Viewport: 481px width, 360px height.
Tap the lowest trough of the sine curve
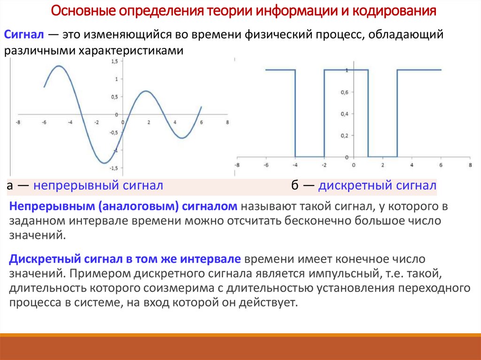tap(105, 163)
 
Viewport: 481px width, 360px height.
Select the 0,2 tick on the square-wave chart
tap(344, 136)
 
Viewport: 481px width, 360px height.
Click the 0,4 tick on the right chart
tap(344, 114)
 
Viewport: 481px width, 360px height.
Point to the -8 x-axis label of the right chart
tap(237, 165)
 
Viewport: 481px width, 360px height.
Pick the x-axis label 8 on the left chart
tap(227, 123)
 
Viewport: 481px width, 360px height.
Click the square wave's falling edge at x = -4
tap(295, 113)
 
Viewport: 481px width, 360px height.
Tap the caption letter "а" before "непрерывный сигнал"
tap(9, 186)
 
